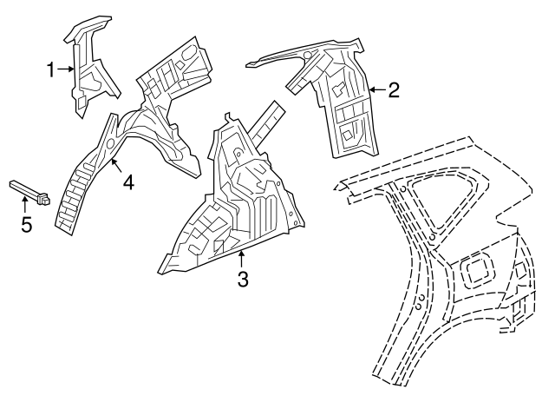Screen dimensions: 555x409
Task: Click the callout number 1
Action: click(51, 69)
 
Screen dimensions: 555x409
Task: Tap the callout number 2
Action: click(394, 90)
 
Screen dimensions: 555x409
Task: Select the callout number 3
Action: click(243, 279)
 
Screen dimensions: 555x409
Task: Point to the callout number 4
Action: click(129, 183)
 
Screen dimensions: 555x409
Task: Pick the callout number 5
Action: click(27, 224)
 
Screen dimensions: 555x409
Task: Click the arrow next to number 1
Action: click(66, 69)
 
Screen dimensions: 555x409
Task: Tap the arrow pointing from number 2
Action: click(377, 90)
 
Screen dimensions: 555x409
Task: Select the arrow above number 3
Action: click(241, 259)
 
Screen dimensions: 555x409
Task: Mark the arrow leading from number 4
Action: click(115, 166)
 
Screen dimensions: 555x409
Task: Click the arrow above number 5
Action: click(24, 205)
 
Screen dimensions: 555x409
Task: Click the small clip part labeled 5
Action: click(29, 192)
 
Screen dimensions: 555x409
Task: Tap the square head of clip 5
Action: click(43, 199)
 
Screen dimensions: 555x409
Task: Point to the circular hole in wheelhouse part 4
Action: click(109, 143)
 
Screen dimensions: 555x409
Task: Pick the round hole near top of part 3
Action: click(238, 154)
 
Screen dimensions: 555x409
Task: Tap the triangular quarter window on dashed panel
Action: click(442, 201)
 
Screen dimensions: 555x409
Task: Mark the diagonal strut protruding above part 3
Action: click(267, 122)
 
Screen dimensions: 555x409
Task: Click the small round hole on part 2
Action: click(307, 55)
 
